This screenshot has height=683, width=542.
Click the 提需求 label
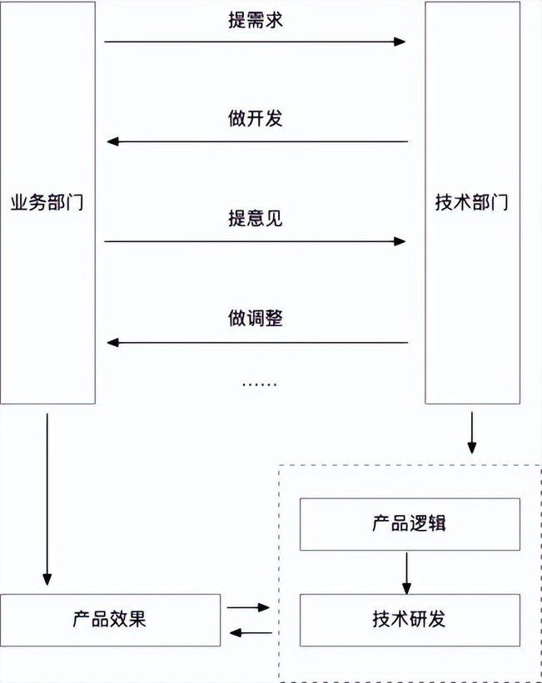click(256, 20)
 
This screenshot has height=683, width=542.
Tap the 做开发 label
click(256, 118)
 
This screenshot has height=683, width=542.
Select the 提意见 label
click(256, 218)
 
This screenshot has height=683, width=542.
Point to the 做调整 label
click(256, 318)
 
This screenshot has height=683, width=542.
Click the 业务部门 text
click(47, 202)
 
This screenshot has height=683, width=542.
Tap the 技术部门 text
click(472, 202)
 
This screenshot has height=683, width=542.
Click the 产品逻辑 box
click(410, 524)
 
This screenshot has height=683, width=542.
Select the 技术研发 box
click(410, 620)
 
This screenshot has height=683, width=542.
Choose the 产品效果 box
click(110, 620)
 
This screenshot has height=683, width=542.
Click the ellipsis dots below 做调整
click(260, 384)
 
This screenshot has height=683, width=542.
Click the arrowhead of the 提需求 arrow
click(400, 42)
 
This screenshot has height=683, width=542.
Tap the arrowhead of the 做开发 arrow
click(113, 141)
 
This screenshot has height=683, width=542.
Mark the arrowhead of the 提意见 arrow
click(400, 241)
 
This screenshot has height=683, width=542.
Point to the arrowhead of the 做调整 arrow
click(113, 343)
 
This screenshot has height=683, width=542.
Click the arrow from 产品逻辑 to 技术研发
click(407, 573)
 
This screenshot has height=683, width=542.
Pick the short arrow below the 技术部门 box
click(472, 433)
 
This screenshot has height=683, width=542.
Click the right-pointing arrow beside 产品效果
click(248, 607)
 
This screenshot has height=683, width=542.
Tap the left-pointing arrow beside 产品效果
click(251, 633)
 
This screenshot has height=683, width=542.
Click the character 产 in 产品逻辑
click(381, 523)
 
